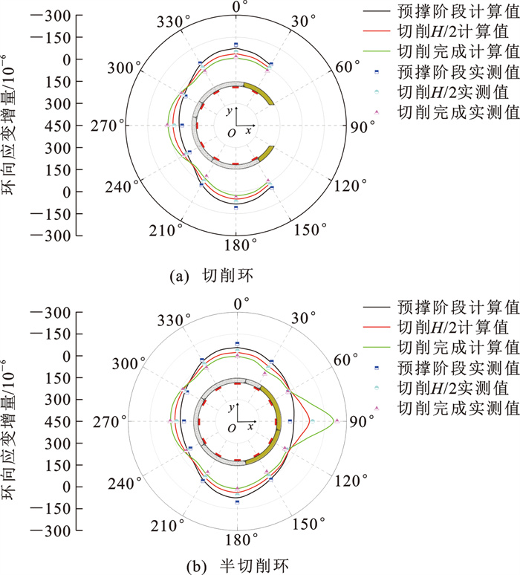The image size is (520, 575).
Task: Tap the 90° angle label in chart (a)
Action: [359, 126]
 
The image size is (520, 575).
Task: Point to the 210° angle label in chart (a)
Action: [170, 230]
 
